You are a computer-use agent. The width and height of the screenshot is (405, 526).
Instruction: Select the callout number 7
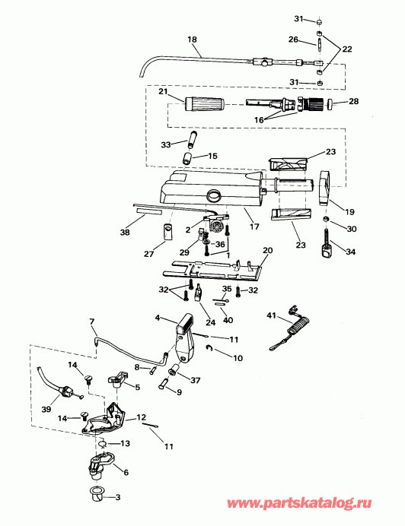tap(92, 322)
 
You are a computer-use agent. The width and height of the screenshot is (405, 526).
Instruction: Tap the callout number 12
tap(142, 417)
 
